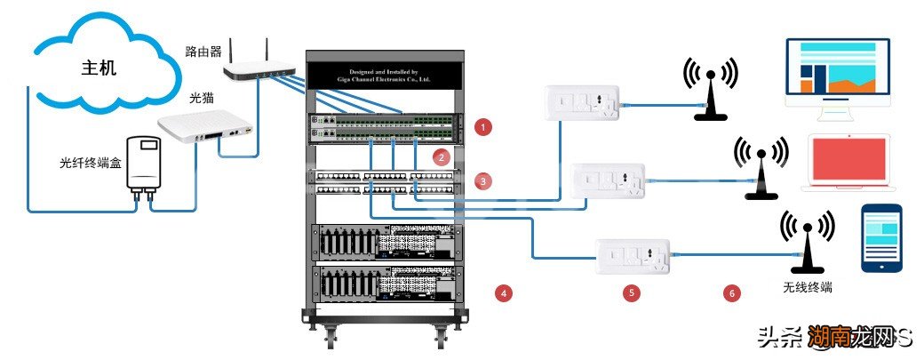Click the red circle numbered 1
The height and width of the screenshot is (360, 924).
click(482, 126)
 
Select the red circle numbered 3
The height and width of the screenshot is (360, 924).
click(482, 181)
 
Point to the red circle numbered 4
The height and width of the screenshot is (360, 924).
click(504, 292)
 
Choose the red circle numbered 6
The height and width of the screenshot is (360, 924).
click(732, 292)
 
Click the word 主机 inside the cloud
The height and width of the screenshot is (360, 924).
click(98, 68)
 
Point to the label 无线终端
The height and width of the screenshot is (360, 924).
click(808, 289)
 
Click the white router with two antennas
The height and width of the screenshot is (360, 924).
click(257, 66)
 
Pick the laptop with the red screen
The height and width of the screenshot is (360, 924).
click(848, 164)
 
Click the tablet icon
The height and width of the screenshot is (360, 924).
click(881, 237)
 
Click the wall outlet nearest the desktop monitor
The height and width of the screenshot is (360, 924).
click(577, 106)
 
